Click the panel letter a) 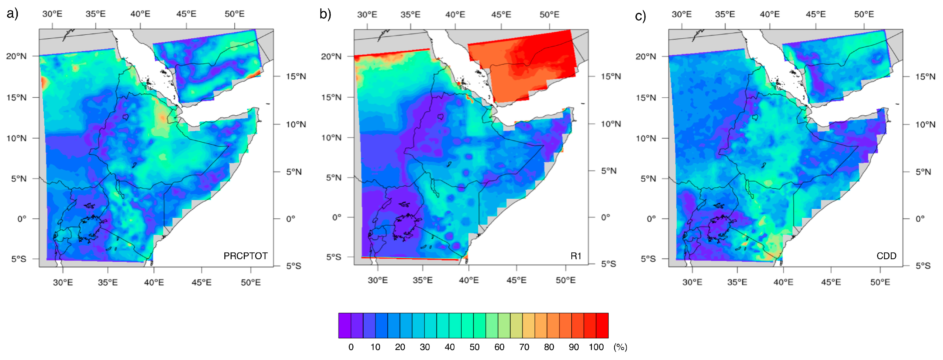[x=12, y=14]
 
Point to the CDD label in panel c [x=886, y=256]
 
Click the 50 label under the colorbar [x=474, y=347]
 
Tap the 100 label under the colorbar [x=596, y=347]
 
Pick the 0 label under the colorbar [x=351, y=347]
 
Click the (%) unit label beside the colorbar [x=620, y=347]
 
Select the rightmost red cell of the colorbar [x=602, y=325]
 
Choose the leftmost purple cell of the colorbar [x=345, y=325]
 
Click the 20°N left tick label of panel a [x=16, y=56]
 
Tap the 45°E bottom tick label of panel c [x=831, y=282]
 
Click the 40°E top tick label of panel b [x=455, y=15]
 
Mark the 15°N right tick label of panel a [x=296, y=76]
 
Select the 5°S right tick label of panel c [x=923, y=265]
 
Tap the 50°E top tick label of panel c [x=864, y=14]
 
